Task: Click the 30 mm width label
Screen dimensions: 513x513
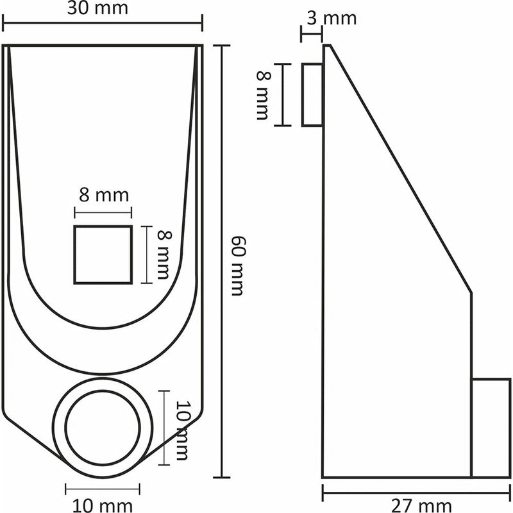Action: point(103,9)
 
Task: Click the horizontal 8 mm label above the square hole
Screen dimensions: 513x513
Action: point(104,194)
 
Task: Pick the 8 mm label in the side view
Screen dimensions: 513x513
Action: point(264,95)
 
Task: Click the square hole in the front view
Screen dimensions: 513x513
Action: point(103,255)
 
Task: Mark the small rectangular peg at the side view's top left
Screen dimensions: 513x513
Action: point(312,95)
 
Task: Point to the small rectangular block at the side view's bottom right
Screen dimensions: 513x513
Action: point(491,428)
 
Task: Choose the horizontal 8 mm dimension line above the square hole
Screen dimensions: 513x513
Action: point(103,212)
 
